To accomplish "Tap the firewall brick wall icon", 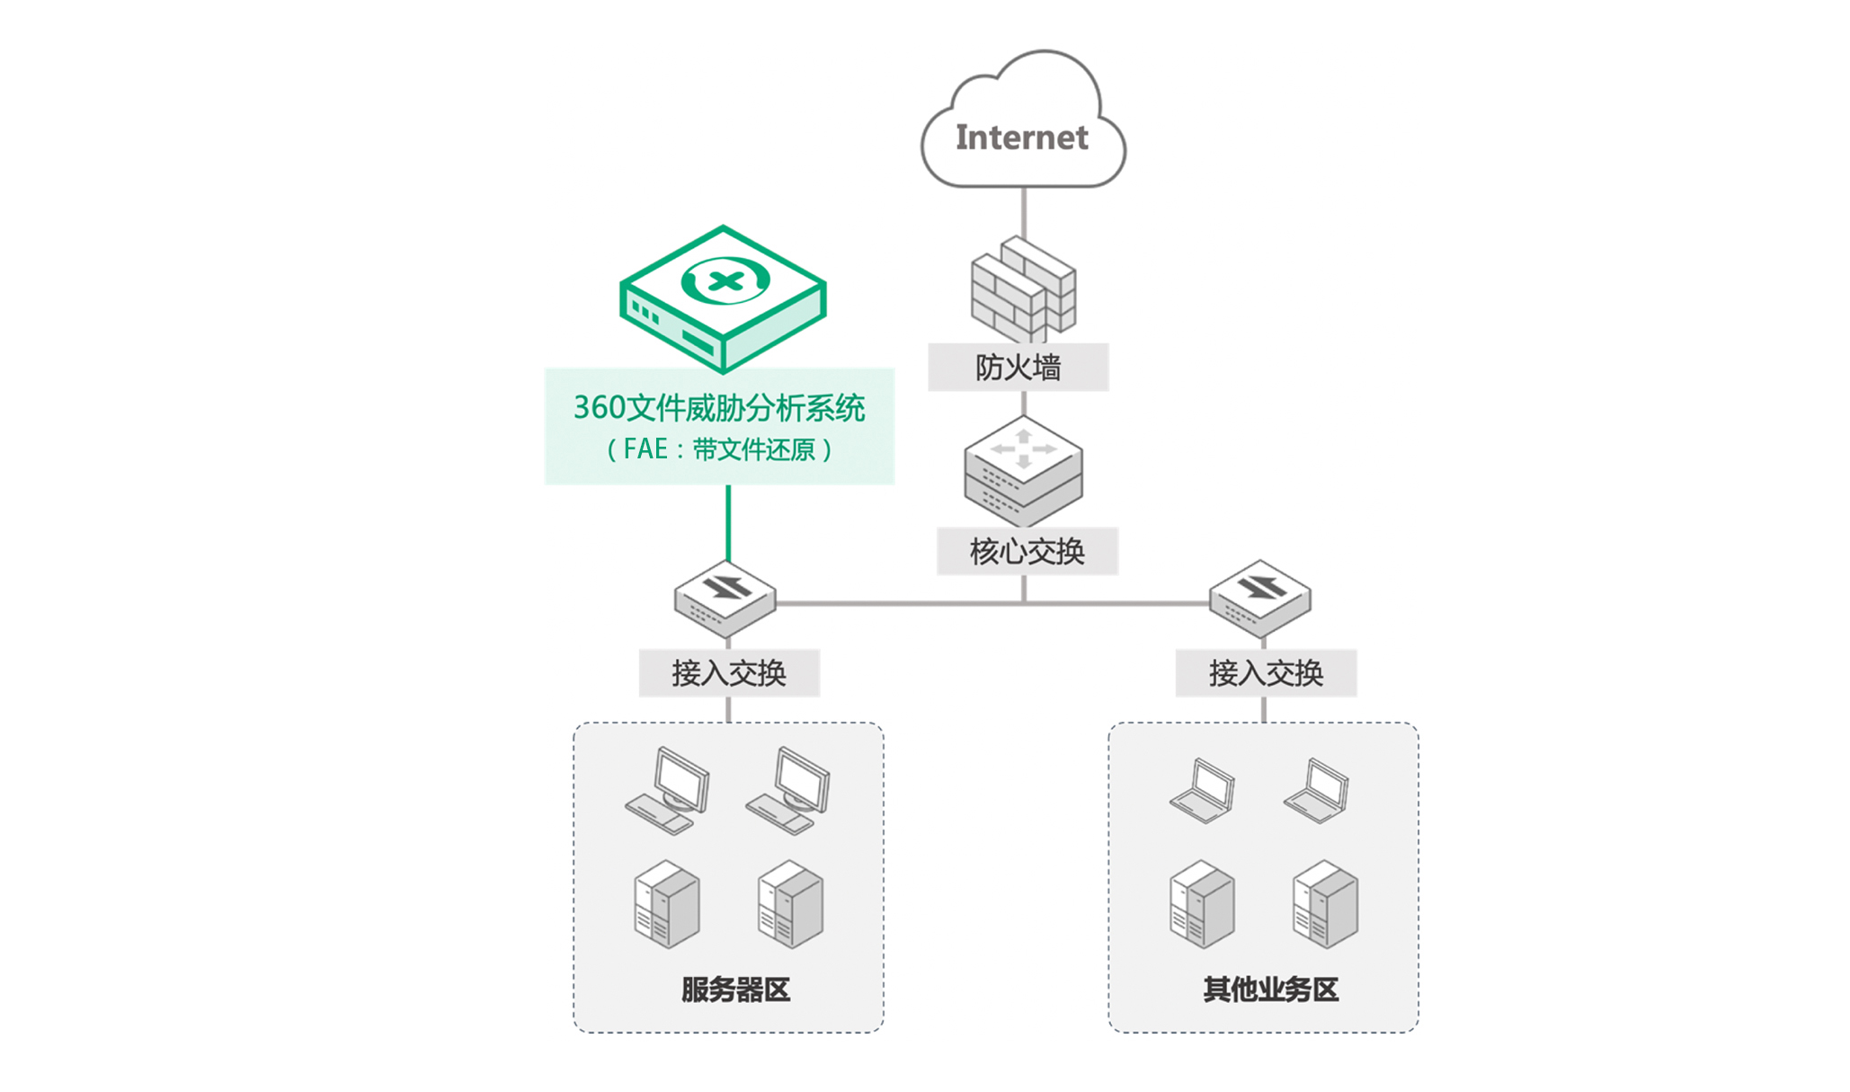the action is (x=1023, y=289).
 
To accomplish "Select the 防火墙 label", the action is (x=1018, y=368).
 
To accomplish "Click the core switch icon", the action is (x=1023, y=471).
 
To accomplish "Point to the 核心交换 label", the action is (x=1027, y=552).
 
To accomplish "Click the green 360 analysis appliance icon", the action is (x=723, y=298).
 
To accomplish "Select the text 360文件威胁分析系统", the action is (x=719, y=408).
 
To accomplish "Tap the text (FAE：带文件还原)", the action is (x=719, y=448).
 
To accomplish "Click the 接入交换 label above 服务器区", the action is (x=729, y=673).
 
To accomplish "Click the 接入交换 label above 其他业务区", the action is (x=1266, y=673).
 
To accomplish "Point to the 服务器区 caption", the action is (x=735, y=990).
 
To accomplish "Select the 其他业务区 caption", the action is (x=1271, y=990).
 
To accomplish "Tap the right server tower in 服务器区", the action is (x=790, y=904).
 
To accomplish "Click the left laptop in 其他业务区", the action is (x=1202, y=791).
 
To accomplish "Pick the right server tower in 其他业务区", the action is (x=1325, y=904).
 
